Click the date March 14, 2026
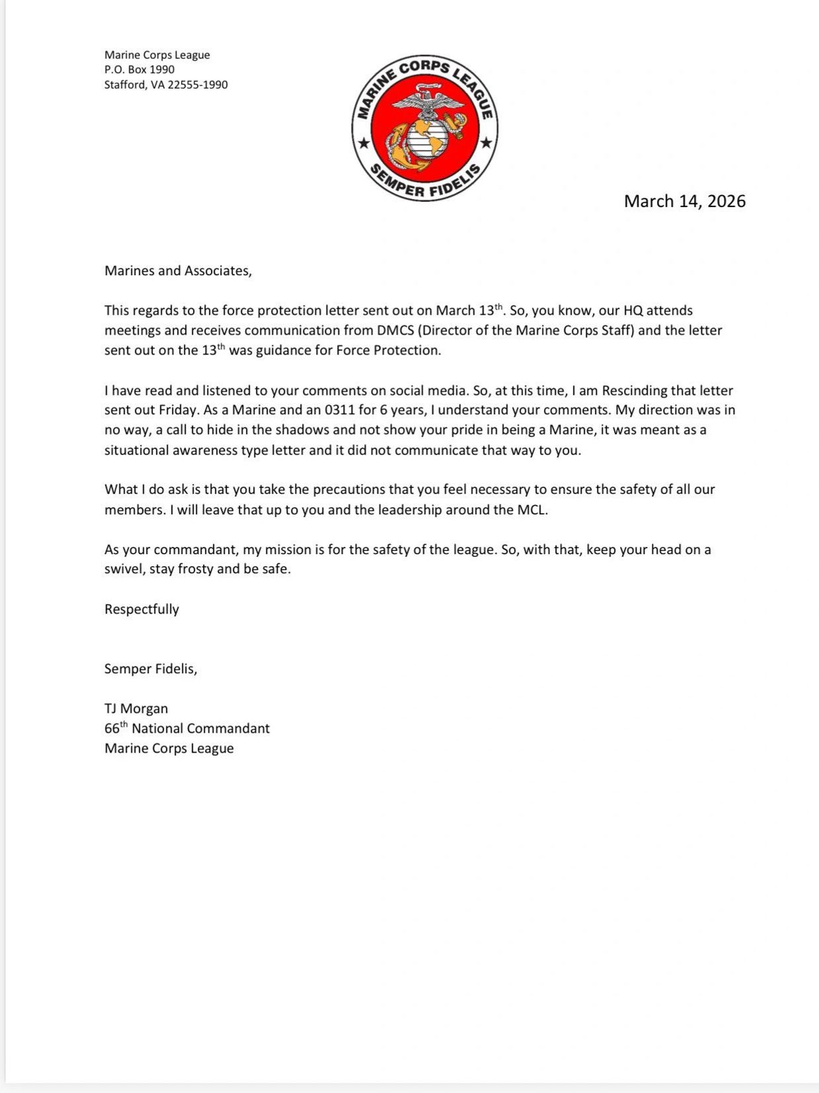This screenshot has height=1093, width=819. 684,201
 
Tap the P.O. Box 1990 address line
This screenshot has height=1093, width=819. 139,69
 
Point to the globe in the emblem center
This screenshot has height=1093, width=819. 426,138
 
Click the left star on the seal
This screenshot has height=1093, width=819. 363,143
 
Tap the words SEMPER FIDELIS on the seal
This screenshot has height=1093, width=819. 424,184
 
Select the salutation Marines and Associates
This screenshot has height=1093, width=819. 178,270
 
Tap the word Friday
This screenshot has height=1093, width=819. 178,410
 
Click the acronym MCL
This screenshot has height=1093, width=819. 532,510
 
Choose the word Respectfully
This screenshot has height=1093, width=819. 141,609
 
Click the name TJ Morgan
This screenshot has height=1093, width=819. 136,708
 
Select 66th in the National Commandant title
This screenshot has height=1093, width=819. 116,728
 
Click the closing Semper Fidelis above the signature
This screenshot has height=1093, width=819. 151,668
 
